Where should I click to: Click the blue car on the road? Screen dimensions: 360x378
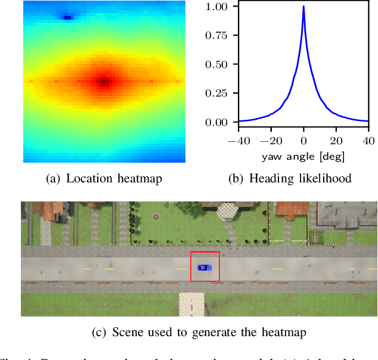pos(204,267)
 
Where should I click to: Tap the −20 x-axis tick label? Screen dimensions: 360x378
pos(271,141)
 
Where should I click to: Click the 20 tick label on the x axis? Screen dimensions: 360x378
pos(336,141)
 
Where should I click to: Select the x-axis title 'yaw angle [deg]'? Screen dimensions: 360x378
pos(303,157)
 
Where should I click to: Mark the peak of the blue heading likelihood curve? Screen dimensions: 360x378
pos(303,7)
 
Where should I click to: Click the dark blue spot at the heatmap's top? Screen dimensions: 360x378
pos(67,17)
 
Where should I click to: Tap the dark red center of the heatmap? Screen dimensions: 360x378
pos(104,80)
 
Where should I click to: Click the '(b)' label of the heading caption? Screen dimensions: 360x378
pos(236,178)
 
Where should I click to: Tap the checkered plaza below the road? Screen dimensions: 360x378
pos(191,304)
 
